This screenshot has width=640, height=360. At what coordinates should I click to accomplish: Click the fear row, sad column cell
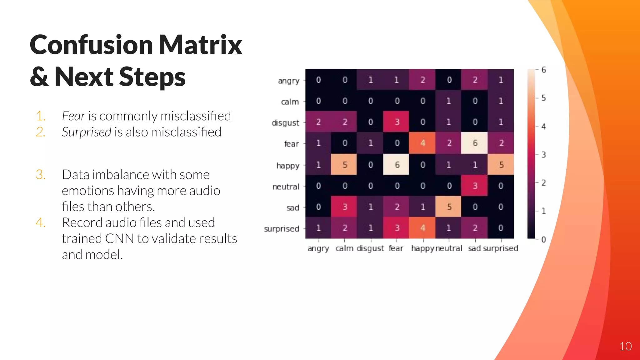tap(474, 143)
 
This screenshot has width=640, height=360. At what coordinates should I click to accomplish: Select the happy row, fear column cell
tap(396, 165)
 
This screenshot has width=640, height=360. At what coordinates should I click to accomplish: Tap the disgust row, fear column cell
tap(396, 122)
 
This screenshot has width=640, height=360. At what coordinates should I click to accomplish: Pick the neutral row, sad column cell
tap(474, 186)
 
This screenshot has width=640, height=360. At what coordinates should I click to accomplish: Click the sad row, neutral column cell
tap(448, 207)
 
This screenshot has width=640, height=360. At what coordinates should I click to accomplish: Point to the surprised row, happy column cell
tap(422, 228)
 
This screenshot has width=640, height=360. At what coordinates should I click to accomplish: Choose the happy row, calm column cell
tap(344, 165)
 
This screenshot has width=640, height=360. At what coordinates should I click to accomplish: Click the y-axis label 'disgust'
tap(285, 123)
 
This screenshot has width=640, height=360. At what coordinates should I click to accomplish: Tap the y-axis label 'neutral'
tap(286, 187)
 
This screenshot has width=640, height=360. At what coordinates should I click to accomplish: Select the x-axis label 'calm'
tap(344, 248)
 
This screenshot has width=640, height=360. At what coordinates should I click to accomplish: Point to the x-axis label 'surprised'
tap(501, 248)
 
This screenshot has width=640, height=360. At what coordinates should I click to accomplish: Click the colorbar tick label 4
tap(544, 127)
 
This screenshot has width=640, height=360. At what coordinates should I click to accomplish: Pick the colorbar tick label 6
tap(544, 70)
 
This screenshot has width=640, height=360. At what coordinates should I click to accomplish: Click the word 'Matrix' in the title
tap(201, 45)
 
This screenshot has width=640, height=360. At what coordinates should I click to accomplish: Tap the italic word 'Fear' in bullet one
tap(73, 116)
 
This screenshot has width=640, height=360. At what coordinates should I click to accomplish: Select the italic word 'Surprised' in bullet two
tap(87, 132)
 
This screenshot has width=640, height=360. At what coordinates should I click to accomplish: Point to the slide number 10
tap(625, 346)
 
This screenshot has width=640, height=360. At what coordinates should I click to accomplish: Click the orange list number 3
tap(41, 175)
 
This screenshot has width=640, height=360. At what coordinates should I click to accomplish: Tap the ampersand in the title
tap(39, 77)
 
